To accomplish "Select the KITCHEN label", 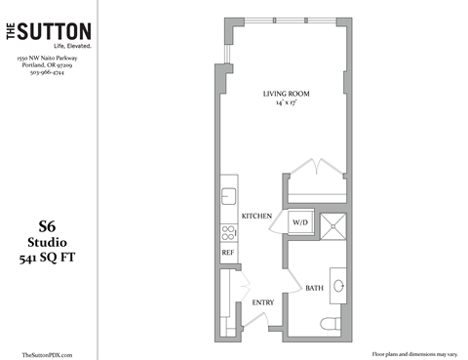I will pos(256,216).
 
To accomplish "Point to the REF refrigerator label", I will pos(227,252).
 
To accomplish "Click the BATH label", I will pos(314,289).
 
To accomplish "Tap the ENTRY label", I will pos(263,302).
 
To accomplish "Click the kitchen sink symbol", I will pos(227,192).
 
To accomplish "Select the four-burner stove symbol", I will pos(228,232).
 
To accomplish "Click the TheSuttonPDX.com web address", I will pos(47,354).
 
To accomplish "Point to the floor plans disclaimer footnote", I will pos(409,353).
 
